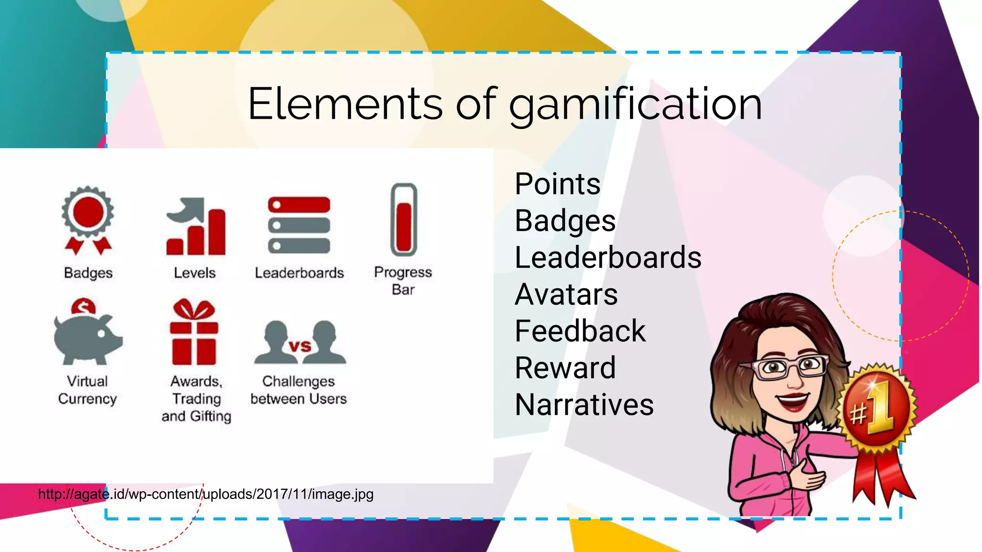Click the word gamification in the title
(635, 104)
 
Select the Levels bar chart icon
(196, 227)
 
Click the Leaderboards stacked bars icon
(299, 225)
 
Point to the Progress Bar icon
(404, 220)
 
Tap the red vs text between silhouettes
(300, 346)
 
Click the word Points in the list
(557, 184)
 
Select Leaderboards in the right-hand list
(608, 258)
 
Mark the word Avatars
(566, 294)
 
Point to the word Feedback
(580, 331)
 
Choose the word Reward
(565, 368)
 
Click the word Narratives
(584, 405)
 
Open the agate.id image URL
(206, 494)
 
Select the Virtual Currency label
(87, 390)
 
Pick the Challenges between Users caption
(298, 390)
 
